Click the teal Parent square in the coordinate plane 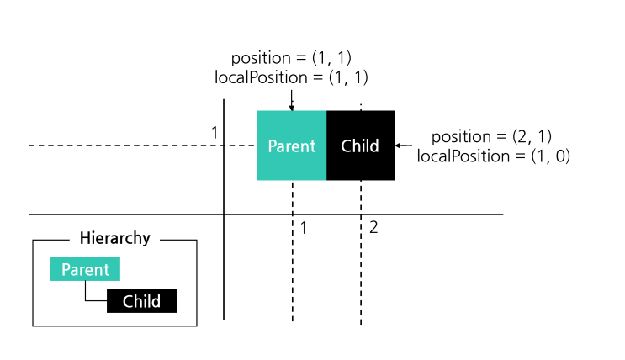click(x=291, y=146)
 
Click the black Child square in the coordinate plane click(x=361, y=146)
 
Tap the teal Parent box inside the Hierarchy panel click(x=85, y=269)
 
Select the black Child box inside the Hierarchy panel click(x=141, y=301)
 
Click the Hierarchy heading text click(x=114, y=238)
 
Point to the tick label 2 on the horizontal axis click(x=373, y=228)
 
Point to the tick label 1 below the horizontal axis click(x=304, y=228)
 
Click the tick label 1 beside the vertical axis click(x=215, y=133)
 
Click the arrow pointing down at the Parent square click(x=291, y=100)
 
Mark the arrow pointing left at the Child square click(x=404, y=146)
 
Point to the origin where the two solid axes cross click(x=224, y=214)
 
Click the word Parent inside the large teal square click(x=292, y=146)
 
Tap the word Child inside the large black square click(x=360, y=146)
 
